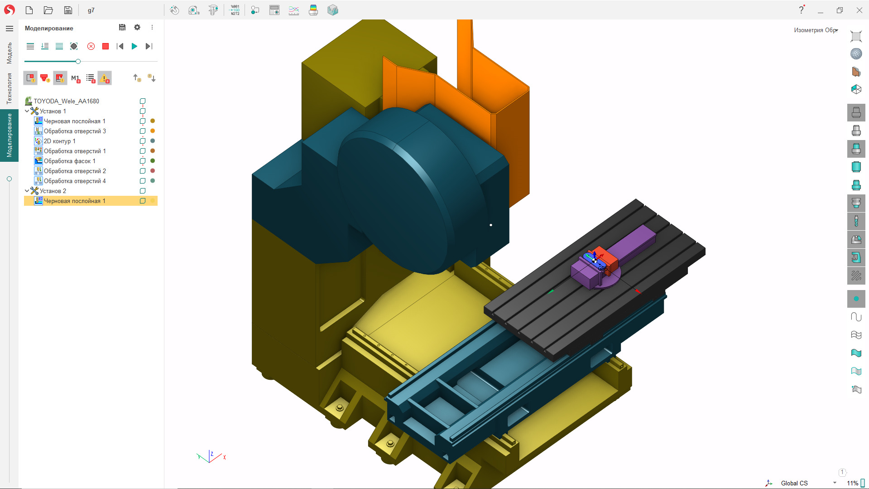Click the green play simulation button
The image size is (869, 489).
pos(134,46)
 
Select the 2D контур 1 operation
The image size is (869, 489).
pos(59,141)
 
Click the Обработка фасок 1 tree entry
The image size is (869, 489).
pos(69,161)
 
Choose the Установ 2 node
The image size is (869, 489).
pos(53,191)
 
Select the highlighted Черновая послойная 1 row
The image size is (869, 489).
pos(74,201)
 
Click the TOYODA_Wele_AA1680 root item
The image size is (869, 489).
pos(66,101)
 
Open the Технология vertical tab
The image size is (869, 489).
pos(9,88)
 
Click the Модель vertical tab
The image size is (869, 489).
pos(9,53)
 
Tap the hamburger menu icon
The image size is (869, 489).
pos(9,28)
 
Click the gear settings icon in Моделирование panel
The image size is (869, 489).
pos(137,28)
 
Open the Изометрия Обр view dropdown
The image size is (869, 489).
pos(816,30)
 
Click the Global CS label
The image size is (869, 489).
pos(794,483)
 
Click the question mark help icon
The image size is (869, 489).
pos(801,10)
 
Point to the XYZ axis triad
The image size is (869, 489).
pos(211,457)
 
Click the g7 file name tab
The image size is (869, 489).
pos(91,10)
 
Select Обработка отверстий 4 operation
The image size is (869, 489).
pos(75,181)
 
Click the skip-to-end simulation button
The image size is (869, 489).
pos(149,46)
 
